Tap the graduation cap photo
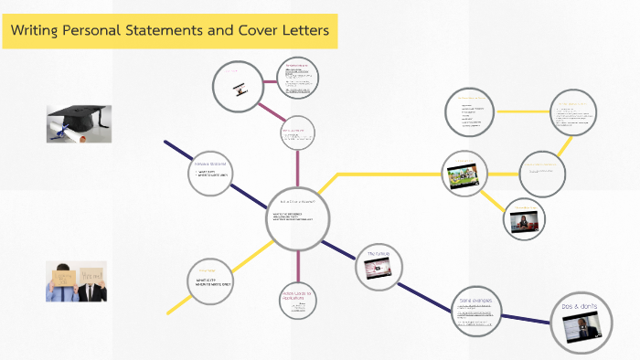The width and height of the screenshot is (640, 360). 80,123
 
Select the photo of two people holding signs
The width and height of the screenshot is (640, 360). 77,281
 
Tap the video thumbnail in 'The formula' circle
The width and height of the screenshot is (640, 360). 379,268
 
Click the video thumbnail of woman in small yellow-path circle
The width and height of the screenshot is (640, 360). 525,222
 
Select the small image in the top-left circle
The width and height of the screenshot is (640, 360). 238,87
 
